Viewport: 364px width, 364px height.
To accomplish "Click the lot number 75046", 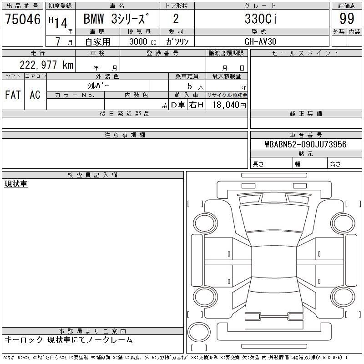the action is (x=23, y=19).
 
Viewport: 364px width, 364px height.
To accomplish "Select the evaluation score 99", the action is (x=347, y=19).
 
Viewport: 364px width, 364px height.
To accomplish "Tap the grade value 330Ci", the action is (x=261, y=19).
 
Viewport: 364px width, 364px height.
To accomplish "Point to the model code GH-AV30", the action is (x=261, y=41).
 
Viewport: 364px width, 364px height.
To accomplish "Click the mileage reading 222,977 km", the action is (x=46, y=65).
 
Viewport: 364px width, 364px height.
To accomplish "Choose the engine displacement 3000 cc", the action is (x=143, y=41).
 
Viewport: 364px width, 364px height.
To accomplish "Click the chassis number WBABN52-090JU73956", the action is (x=306, y=144).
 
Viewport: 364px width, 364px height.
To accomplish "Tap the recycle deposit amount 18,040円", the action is (x=229, y=105).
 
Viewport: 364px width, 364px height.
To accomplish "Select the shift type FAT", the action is (x=13, y=95).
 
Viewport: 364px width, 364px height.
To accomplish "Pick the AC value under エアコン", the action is (x=35, y=95).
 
